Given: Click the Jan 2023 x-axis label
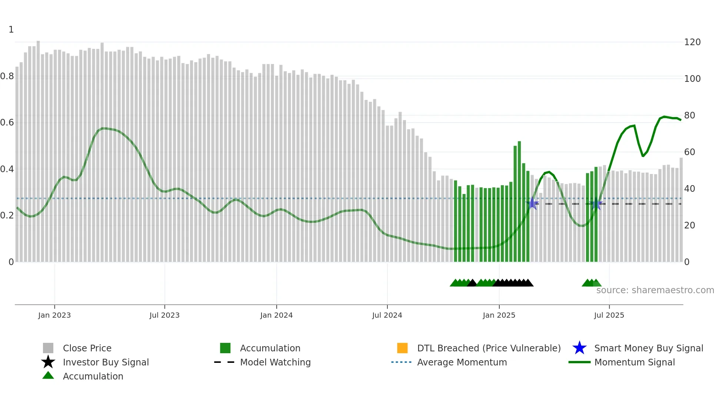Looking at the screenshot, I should [54, 315].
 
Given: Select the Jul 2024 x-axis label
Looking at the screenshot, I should [387, 315].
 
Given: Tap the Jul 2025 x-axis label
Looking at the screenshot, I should [609, 315].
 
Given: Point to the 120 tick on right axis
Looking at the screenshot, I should [692, 42].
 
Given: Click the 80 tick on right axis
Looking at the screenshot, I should [689, 116].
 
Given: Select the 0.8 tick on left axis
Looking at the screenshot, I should [7, 77].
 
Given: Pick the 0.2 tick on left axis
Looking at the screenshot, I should [7, 215].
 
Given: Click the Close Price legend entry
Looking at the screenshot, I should [87, 348].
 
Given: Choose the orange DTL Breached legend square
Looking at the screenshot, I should [402, 348].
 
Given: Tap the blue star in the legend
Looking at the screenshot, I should [579, 348].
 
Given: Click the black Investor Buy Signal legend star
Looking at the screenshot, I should [48, 362].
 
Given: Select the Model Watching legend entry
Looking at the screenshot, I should [275, 362].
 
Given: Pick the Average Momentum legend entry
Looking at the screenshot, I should [462, 362].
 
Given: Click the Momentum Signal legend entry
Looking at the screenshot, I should [634, 362].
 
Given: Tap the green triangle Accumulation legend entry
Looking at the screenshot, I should [48, 376].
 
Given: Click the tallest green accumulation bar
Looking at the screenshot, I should [519, 202].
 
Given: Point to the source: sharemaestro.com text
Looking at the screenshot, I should [655, 290].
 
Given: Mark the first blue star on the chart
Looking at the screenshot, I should [532, 203].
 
